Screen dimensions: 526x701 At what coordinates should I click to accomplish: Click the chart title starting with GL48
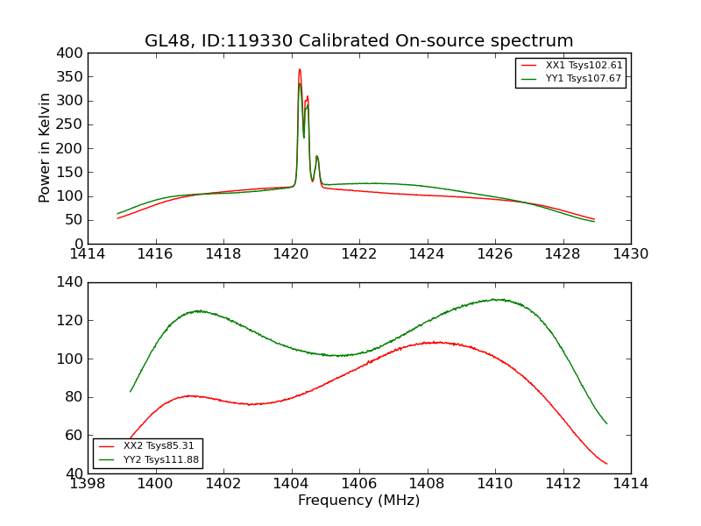pos(358,41)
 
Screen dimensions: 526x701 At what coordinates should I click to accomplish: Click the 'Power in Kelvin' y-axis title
pos(45,148)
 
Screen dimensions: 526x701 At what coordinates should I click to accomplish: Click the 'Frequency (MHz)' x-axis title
pos(358,501)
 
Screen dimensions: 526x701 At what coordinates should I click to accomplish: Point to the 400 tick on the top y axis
pos(73,53)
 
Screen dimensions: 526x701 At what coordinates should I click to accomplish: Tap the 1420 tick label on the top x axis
pos(291,254)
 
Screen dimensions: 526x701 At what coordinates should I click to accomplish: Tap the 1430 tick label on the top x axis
pos(630,254)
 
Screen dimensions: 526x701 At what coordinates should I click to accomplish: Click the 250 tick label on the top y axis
pos(73,124)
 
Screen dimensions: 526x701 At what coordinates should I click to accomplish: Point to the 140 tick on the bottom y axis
pos(73,282)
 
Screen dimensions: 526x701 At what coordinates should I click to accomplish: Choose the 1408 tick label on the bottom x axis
pos(427,484)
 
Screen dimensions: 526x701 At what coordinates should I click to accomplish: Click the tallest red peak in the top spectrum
pos(299,70)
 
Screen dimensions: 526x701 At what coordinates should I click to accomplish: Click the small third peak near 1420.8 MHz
pos(317,157)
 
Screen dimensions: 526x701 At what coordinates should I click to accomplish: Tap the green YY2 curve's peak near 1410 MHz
pos(496,300)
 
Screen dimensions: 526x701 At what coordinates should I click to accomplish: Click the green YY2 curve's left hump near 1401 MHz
pos(198,310)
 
